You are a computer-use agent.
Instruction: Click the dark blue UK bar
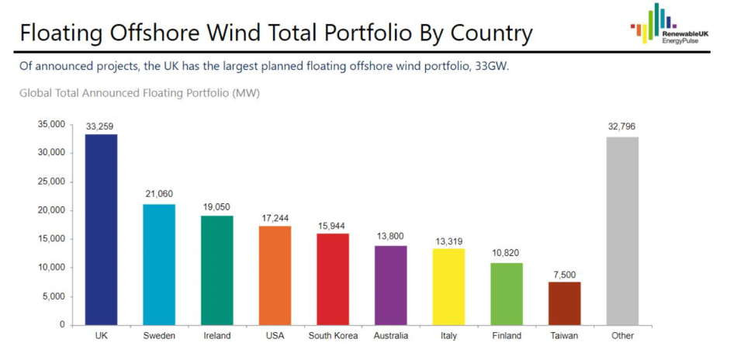click(101, 230)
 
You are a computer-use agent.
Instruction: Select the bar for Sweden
click(159, 264)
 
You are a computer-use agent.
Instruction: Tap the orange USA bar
click(275, 275)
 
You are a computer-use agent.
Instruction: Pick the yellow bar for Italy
click(448, 286)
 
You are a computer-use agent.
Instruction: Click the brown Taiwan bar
click(564, 303)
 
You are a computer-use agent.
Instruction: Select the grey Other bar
click(622, 230)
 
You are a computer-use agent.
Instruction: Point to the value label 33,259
click(101, 126)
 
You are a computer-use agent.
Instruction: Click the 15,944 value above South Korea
click(333, 226)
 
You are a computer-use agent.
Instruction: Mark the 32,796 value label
click(622, 126)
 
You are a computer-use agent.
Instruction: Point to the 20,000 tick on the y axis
click(51, 210)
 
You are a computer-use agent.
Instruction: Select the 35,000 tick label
click(51, 124)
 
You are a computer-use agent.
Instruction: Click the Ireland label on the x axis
click(216, 336)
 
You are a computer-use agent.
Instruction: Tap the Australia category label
click(390, 336)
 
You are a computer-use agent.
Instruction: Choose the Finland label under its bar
click(507, 336)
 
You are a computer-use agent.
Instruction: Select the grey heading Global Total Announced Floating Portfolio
click(140, 93)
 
